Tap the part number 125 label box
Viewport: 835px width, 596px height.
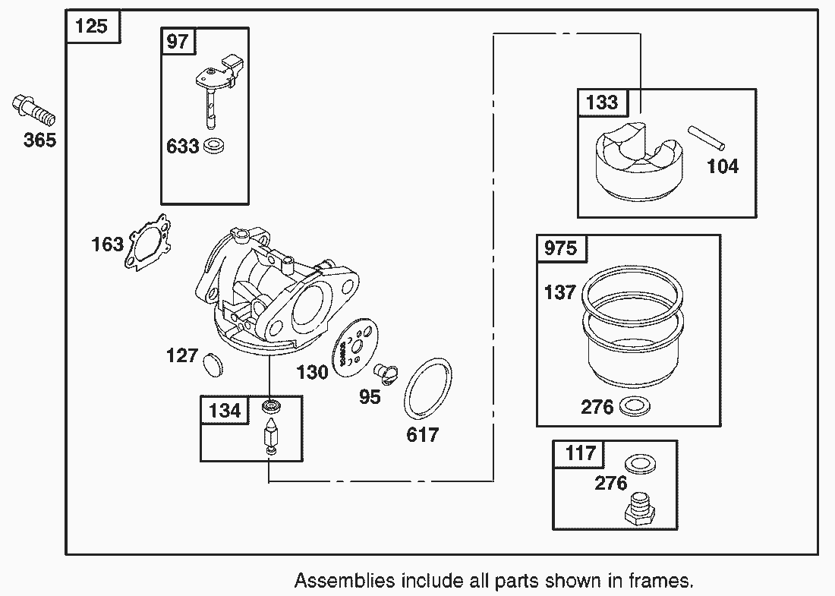coord(92,27)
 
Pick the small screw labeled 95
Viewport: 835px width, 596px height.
coord(386,373)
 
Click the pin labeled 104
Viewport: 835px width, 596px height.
coord(709,137)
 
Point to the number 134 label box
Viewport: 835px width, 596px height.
coord(224,411)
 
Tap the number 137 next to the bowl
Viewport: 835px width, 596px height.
coord(560,292)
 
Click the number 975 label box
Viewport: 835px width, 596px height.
coord(561,249)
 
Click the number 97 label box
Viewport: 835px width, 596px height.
coord(177,41)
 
